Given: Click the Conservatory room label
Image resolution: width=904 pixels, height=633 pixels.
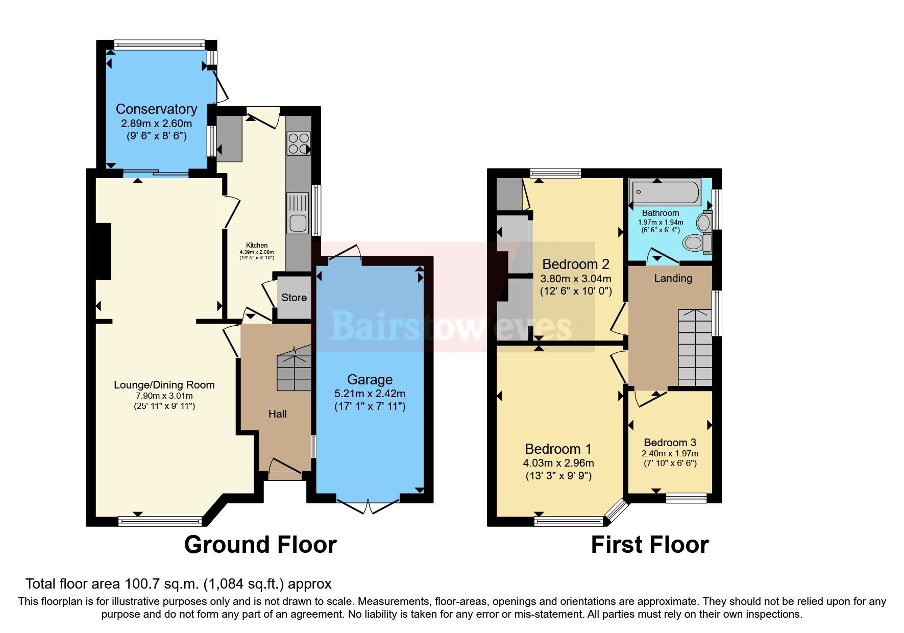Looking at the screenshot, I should point(156,109).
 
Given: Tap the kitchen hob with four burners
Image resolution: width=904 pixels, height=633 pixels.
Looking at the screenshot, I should point(298,143).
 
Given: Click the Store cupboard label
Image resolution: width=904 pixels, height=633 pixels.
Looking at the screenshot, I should point(294,298).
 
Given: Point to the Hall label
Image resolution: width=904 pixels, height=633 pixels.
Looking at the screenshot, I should point(277,414).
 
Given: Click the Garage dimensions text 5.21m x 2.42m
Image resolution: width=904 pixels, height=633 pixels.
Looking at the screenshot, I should point(370,394).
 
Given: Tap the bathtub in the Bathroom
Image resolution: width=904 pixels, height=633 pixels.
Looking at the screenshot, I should point(665,193).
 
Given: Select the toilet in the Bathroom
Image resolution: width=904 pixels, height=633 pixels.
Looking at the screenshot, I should point(695,242).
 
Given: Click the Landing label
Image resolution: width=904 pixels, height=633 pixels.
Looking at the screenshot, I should point(673,278).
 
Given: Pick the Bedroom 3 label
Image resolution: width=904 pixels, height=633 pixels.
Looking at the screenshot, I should point(670,443).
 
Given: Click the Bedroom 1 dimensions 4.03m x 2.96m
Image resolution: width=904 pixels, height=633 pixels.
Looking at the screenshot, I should point(558,463).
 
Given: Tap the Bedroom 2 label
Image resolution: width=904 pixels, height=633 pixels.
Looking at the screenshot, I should point(575,264).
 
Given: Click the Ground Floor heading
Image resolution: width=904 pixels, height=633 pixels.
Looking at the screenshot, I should point(260,545).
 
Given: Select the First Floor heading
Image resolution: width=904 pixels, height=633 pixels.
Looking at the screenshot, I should point(649,545).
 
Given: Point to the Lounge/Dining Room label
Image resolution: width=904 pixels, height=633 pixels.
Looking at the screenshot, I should point(164,385).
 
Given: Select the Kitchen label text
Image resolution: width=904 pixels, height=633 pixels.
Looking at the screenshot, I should point(257,245).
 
